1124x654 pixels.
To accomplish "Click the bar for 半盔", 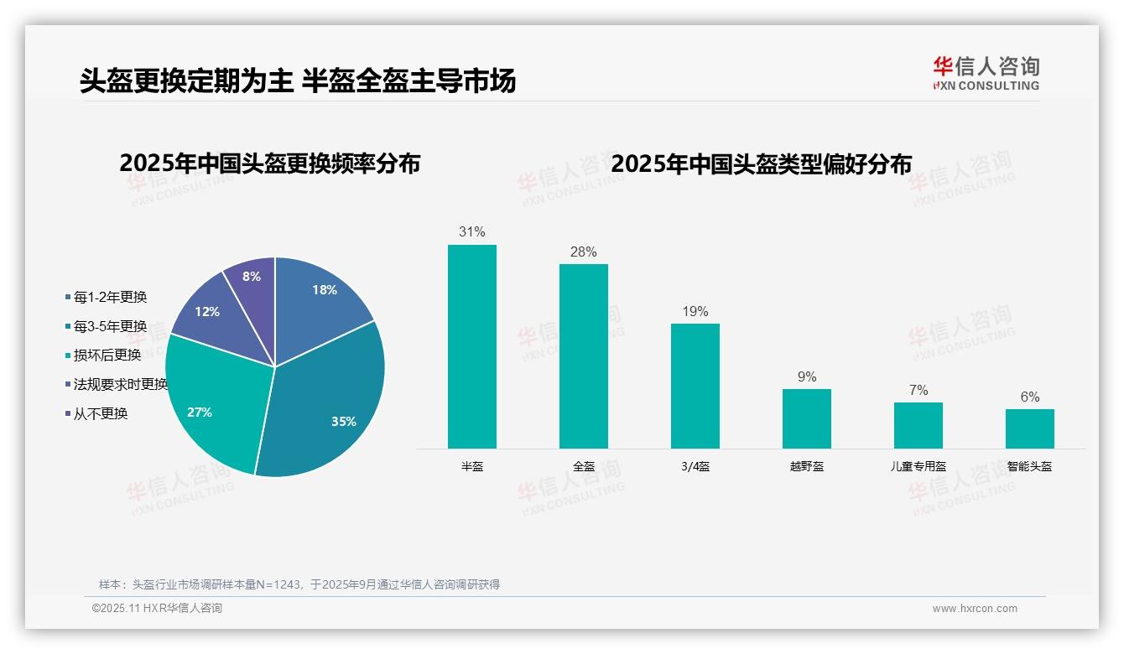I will [x=472, y=346].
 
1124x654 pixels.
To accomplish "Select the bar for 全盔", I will [x=584, y=356].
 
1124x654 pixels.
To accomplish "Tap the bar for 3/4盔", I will [x=695, y=386].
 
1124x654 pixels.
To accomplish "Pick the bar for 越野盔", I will [x=807, y=418].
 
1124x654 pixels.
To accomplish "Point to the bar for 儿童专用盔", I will [x=918, y=425].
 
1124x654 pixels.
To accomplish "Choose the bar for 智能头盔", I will [x=1030, y=428].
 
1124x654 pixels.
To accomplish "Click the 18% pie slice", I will [x=319, y=298].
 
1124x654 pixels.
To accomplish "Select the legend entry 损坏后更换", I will [x=107, y=356].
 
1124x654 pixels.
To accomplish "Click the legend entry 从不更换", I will [x=101, y=414].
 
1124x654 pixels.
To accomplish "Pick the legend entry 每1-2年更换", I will [x=110, y=297].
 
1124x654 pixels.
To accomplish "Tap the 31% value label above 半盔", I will [x=472, y=232].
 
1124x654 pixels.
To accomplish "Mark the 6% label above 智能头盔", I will [x=1030, y=397].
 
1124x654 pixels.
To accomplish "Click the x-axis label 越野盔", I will [x=807, y=467].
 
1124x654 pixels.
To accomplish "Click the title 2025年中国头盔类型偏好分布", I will [x=761, y=163].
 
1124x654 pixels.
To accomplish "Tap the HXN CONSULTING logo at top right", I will [x=986, y=74].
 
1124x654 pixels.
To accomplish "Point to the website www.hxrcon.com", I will [x=975, y=609].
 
